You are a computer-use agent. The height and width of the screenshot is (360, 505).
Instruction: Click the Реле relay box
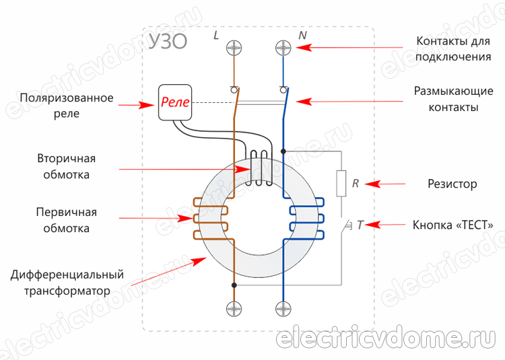pyautogui.click(x=175, y=103)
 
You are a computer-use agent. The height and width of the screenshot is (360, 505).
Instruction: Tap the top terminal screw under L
pyautogui.click(x=234, y=48)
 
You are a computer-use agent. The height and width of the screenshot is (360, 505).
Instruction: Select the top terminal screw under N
pyautogui.click(x=283, y=48)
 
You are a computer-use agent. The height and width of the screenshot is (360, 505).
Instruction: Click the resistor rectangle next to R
pyautogui.click(x=341, y=183)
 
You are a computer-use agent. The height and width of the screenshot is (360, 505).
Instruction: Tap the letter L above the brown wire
pyautogui.click(x=216, y=34)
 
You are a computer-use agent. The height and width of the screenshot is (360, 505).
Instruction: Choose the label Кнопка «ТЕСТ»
pyautogui.click(x=457, y=225)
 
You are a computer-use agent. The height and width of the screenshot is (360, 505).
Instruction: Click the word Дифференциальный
pyautogui.click(x=67, y=275)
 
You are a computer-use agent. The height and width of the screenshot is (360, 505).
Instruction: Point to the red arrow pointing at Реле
pyautogui.click(x=146, y=104)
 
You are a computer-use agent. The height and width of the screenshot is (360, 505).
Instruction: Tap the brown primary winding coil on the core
pyautogui.click(x=211, y=218)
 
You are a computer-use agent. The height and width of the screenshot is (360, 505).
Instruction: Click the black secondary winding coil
pyautogui.click(x=258, y=168)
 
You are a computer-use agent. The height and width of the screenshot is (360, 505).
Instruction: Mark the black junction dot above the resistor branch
pyautogui.click(x=283, y=151)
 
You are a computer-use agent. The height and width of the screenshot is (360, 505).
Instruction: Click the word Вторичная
pyautogui.click(x=66, y=159)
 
